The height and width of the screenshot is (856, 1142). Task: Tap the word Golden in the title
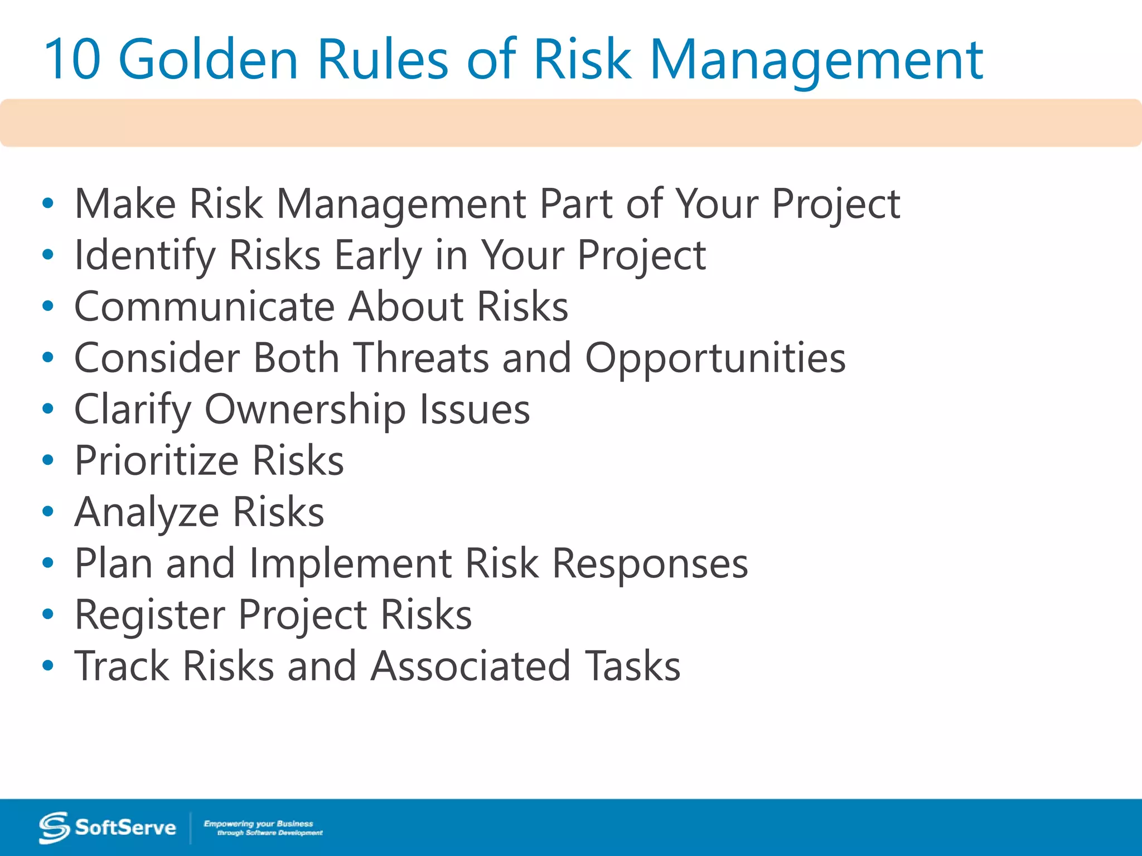pyautogui.click(x=209, y=59)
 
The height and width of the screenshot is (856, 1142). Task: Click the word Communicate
pyautogui.click(x=204, y=307)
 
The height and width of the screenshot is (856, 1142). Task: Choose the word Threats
pyautogui.click(x=422, y=358)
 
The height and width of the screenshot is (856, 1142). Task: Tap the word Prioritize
pyautogui.click(x=157, y=461)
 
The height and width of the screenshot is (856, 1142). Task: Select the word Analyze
pyautogui.click(x=147, y=513)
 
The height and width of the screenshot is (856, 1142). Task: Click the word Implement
pyautogui.click(x=351, y=564)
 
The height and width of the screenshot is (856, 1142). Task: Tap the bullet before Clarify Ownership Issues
pyautogui.click(x=48, y=408)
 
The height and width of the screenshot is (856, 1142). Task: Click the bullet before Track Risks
pyautogui.click(x=48, y=665)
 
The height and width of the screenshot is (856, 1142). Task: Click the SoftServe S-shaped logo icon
pyautogui.click(x=54, y=828)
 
